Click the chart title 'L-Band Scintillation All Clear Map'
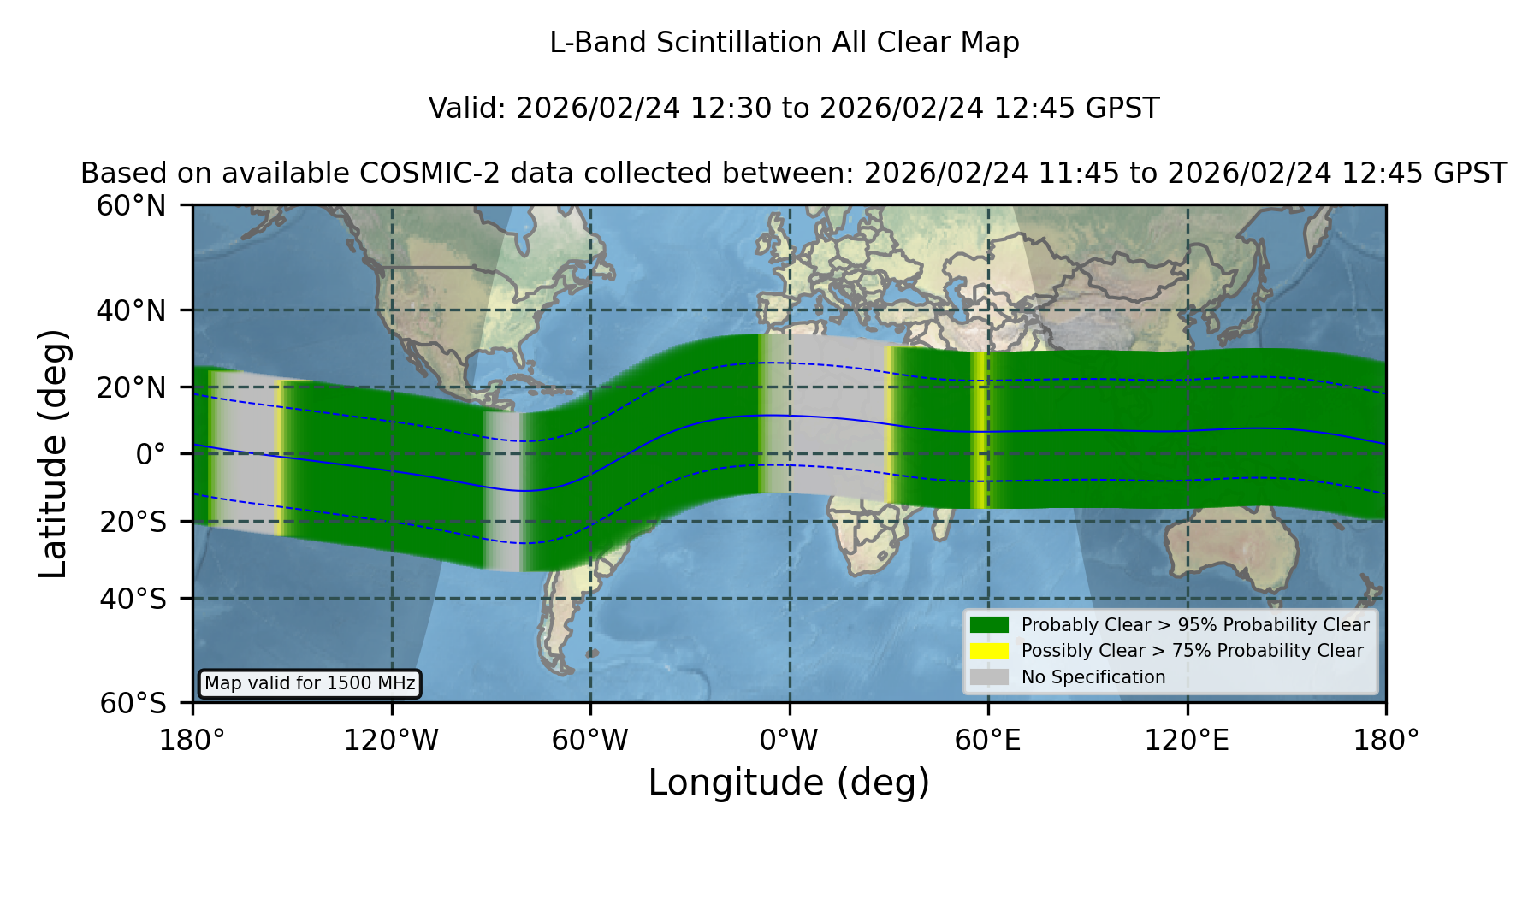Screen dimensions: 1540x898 pyautogui.click(x=785, y=43)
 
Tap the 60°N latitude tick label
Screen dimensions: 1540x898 pyautogui.click(x=131, y=205)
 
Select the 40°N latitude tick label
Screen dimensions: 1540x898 pyautogui.click(x=131, y=310)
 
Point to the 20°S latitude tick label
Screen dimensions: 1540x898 pyautogui.click(x=133, y=522)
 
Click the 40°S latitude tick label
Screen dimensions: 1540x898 pyautogui.click(x=133, y=599)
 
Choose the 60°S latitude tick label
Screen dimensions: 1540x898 pyautogui.click(x=133, y=703)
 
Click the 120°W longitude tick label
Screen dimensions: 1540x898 pyautogui.click(x=391, y=741)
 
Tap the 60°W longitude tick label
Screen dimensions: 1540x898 pyautogui.click(x=590, y=741)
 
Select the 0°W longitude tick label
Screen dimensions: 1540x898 pyautogui.click(x=790, y=741)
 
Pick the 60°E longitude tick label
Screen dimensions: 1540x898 pyautogui.click(x=988, y=741)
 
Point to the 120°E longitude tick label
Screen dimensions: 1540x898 pyautogui.click(x=1188, y=741)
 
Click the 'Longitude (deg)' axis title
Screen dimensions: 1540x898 pyautogui.click(x=789, y=783)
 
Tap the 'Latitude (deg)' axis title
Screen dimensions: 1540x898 pyautogui.click(x=53, y=453)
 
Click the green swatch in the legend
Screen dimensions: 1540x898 pyautogui.click(x=990, y=624)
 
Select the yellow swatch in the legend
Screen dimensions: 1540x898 pyautogui.click(x=990, y=651)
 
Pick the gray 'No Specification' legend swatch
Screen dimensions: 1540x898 pyautogui.click(x=990, y=677)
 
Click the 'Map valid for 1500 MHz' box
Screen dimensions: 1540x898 pyautogui.click(x=310, y=683)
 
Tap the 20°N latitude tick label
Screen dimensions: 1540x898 pyautogui.click(x=131, y=387)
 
